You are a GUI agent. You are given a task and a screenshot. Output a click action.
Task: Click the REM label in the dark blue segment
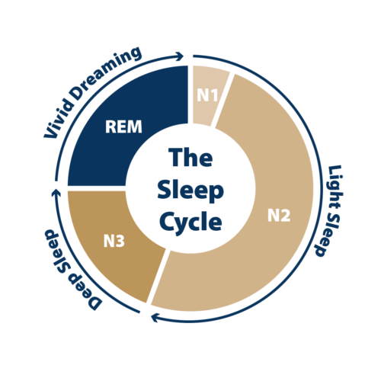click(x=123, y=126)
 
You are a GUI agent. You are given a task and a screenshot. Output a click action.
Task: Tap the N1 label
click(x=207, y=95)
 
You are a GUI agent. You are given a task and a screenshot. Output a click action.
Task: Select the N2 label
click(x=279, y=216)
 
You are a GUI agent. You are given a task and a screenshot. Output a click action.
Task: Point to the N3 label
click(x=114, y=241)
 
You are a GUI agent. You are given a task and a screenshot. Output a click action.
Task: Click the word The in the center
click(x=190, y=158)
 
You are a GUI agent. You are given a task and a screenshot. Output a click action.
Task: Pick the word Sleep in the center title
click(x=190, y=190)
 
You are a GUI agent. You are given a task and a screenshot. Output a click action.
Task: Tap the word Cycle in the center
click(x=190, y=222)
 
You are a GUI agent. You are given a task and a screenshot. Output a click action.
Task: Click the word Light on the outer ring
click(x=334, y=186)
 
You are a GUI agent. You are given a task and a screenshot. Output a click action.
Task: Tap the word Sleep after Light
click(x=326, y=233)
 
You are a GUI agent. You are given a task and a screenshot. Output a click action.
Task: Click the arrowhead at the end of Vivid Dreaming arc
click(x=181, y=56)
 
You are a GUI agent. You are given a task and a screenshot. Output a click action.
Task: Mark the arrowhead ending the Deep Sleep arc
click(x=56, y=193)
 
